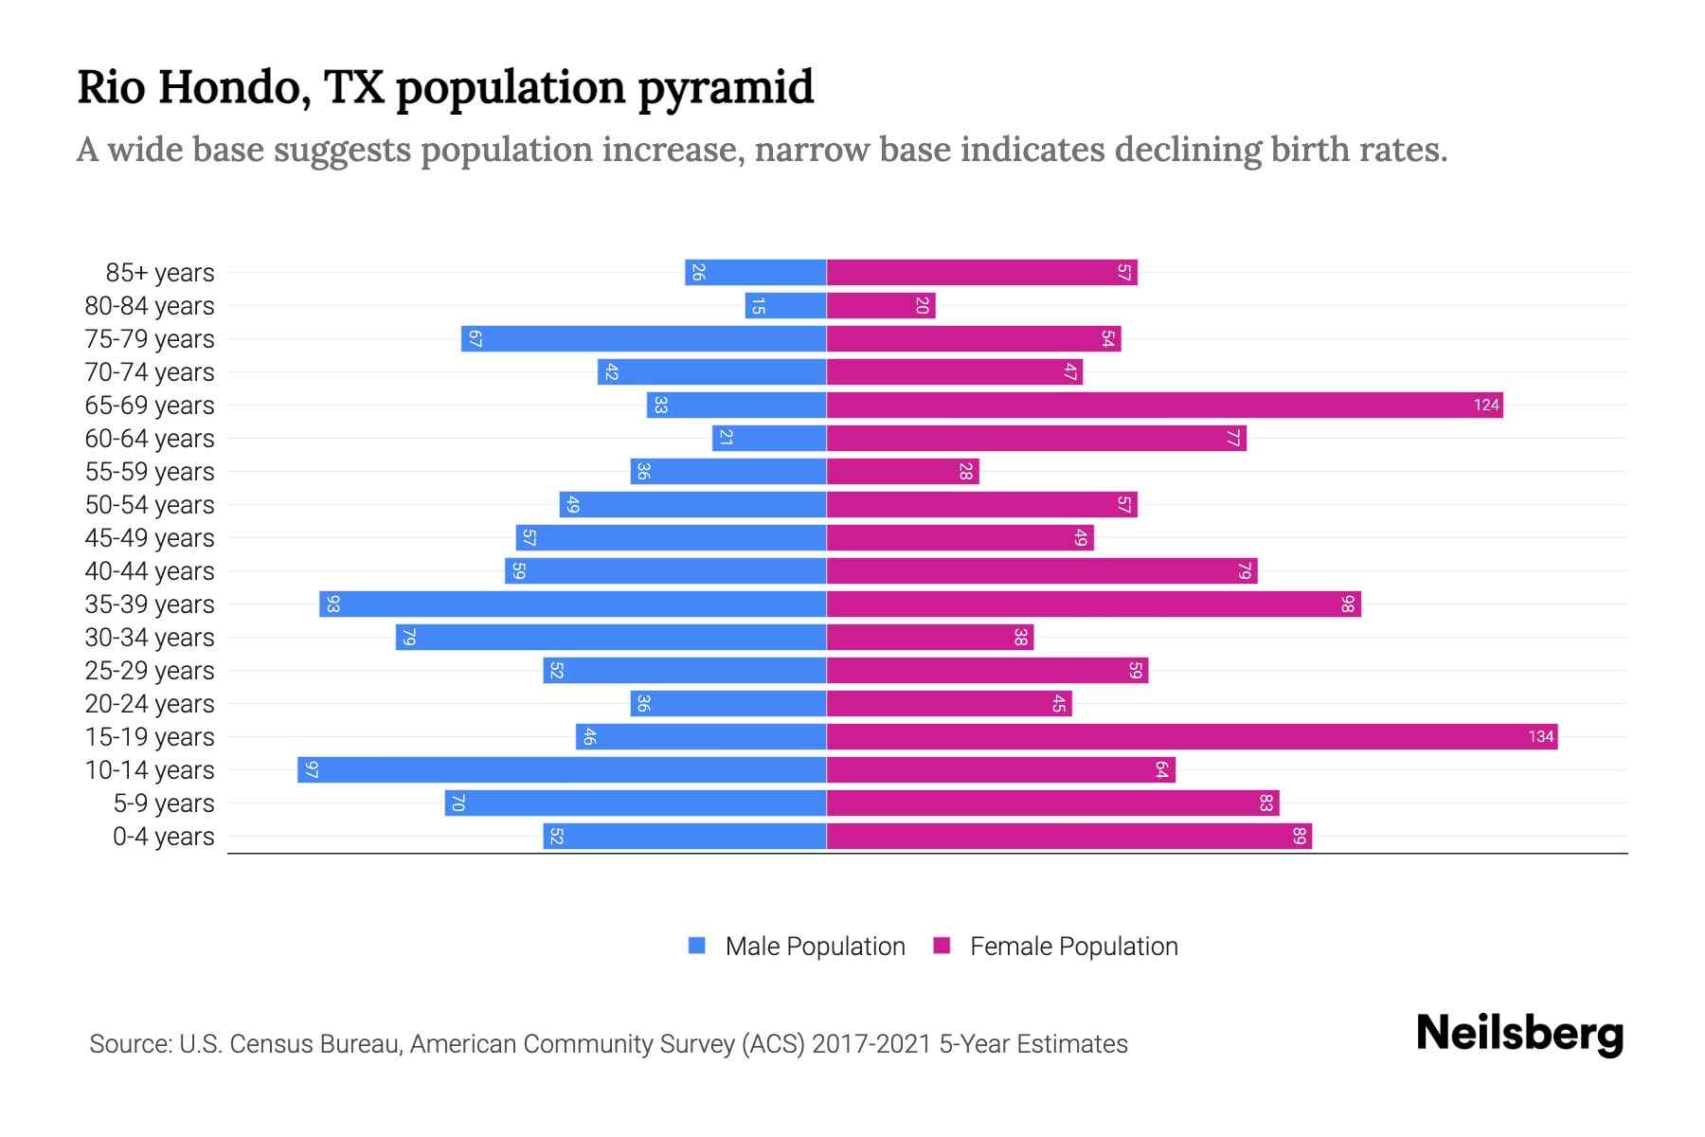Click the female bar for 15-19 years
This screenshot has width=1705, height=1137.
(1192, 736)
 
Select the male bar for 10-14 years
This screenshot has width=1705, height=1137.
(562, 769)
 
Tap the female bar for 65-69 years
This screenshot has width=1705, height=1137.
(1164, 405)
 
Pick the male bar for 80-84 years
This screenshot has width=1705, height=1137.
(785, 305)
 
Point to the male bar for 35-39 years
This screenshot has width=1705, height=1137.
(573, 604)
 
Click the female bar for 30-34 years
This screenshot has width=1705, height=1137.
(930, 637)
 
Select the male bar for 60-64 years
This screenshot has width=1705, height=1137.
(769, 438)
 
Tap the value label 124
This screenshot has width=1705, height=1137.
(1486, 406)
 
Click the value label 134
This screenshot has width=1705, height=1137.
(1541, 737)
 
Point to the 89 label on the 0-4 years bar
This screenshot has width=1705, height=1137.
(1300, 836)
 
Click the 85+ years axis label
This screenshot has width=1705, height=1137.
(160, 273)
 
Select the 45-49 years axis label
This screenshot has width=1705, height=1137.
(150, 538)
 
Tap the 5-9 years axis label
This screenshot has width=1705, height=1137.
(164, 803)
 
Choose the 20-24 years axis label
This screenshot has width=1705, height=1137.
(150, 704)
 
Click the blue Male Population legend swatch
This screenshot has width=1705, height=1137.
(697, 946)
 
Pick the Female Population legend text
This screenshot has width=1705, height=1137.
(1073, 947)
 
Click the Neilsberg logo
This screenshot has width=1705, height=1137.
(1519, 1034)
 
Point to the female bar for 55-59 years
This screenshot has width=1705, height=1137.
(903, 471)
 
